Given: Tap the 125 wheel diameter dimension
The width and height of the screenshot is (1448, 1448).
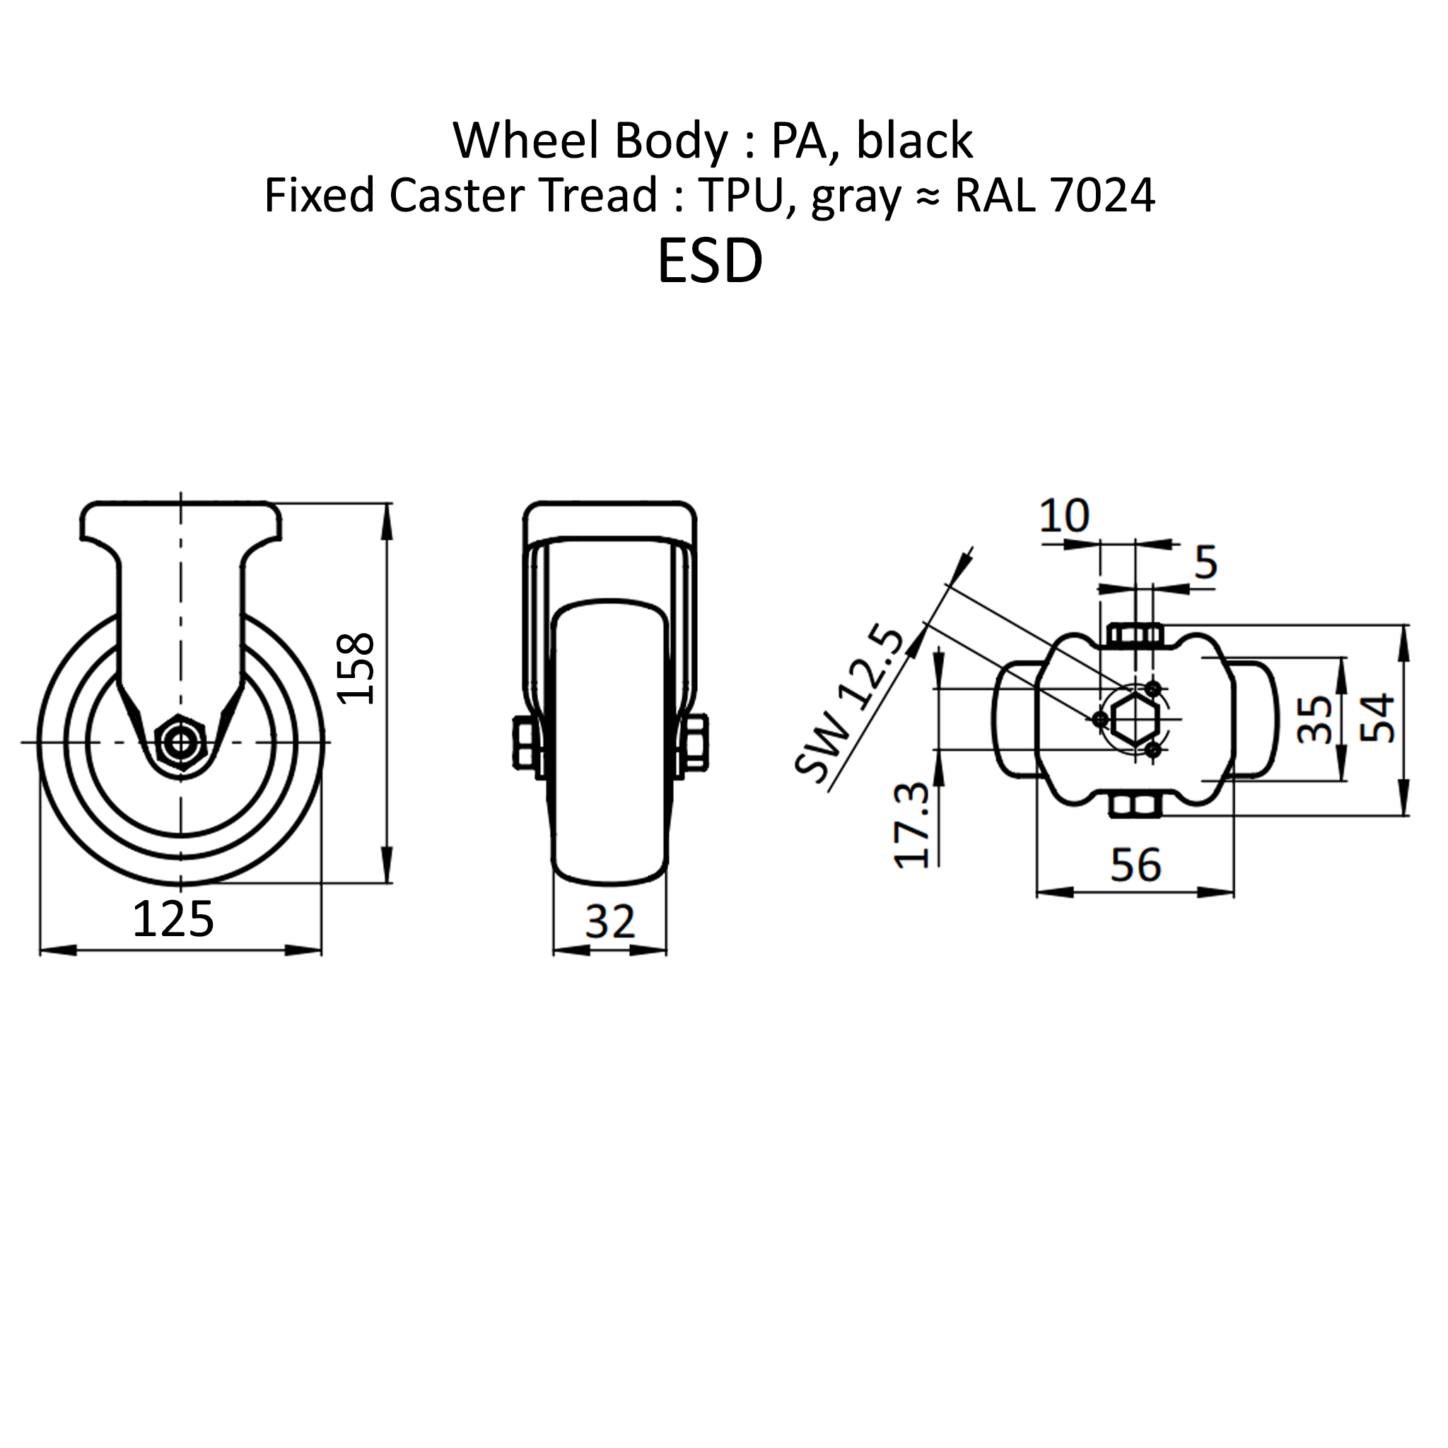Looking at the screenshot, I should pyautogui.click(x=173, y=920).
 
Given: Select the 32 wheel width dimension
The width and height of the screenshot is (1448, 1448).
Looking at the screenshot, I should pyautogui.click(x=609, y=921).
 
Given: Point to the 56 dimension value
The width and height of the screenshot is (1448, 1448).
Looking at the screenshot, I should pyautogui.click(x=1135, y=865).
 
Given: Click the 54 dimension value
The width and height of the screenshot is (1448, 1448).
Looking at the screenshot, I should pyautogui.click(x=1377, y=719).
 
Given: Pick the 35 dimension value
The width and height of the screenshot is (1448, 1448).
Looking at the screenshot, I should pyautogui.click(x=1314, y=720).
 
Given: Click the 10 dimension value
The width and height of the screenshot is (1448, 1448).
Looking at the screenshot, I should pyautogui.click(x=1064, y=516).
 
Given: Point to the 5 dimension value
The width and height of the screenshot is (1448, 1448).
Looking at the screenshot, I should pyautogui.click(x=1206, y=562).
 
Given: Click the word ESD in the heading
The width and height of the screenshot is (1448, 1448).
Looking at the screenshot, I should pyautogui.click(x=710, y=262).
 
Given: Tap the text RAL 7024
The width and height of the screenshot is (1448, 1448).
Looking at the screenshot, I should pyautogui.click(x=1054, y=196).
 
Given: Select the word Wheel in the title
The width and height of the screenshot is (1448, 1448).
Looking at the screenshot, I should pyautogui.click(x=526, y=140).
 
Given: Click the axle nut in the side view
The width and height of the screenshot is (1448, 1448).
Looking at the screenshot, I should pyautogui.click(x=180, y=742).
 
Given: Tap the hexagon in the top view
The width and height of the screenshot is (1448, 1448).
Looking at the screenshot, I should pyautogui.click(x=1136, y=720).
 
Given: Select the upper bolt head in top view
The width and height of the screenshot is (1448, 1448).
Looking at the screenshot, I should pyautogui.click(x=1135, y=636).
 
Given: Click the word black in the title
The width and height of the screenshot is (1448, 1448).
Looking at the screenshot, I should pyautogui.click(x=914, y=140).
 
